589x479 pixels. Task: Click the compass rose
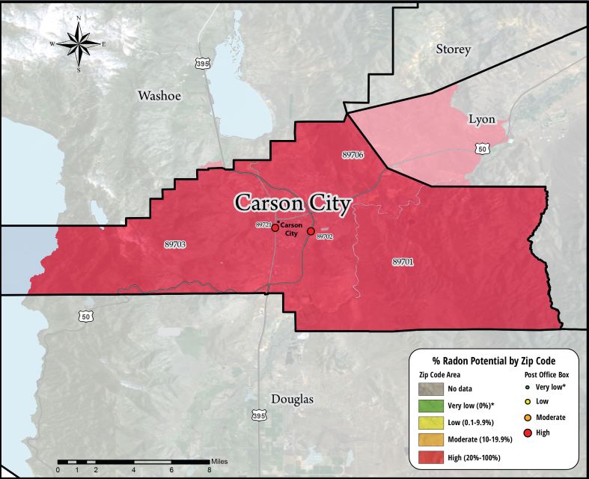pos(79,45)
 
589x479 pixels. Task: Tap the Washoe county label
pos(159,96)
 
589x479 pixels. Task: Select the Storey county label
pos(454,49)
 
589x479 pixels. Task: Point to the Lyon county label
pos(482,119)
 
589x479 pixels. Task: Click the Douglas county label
pos(292,399)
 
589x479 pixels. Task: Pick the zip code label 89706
pos(353,154)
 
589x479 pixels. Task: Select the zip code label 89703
pos(174,243)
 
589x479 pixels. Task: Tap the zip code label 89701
pos(403,262)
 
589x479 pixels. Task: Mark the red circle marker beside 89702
pos(311,231)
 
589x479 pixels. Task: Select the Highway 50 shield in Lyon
pos(484,149)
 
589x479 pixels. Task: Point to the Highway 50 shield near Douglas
pos(86,317)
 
